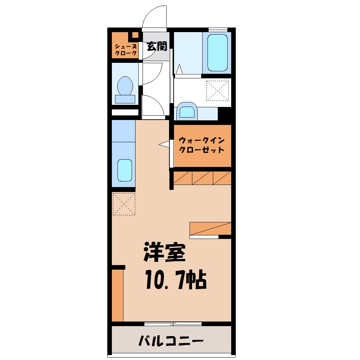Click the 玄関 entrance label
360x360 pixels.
[157, 46]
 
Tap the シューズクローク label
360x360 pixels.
[126, 50]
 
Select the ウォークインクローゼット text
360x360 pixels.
[201, 145]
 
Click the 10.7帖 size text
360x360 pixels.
[176, 280]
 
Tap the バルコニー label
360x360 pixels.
[171, 341]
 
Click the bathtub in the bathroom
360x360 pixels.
[217, 53]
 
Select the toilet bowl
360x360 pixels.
[125, 85]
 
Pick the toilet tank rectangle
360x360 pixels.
[125, 99]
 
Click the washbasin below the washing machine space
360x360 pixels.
[187, 111]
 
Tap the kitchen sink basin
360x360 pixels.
[125, 170]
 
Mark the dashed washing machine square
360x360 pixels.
[217, 91]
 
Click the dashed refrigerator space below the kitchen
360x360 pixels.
[124, 204]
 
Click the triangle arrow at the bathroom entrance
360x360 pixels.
[179, 69]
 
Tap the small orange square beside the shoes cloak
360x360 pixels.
[135, 35]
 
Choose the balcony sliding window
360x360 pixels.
[173, 324]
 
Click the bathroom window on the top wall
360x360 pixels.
[218, 30]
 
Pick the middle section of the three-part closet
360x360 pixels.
[203, 178]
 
